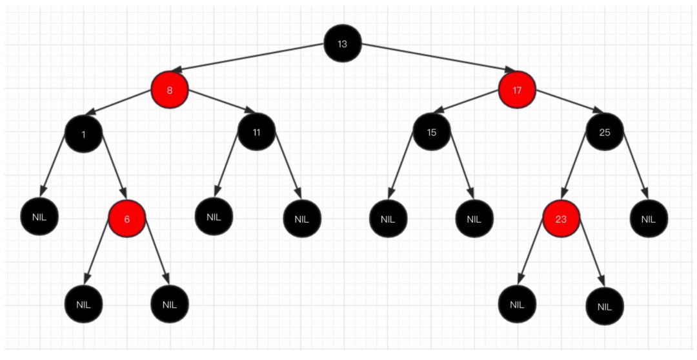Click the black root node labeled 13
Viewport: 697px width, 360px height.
342,44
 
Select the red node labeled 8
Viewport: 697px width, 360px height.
170,90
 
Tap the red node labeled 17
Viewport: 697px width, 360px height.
517,90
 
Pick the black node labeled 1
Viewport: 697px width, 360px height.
83,134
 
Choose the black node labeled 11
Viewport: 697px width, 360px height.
256,132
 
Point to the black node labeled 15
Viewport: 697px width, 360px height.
431,132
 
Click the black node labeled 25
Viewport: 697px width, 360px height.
605,132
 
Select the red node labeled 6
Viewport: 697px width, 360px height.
126,219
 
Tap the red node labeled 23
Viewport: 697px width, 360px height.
561,219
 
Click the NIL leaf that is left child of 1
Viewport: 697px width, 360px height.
39,217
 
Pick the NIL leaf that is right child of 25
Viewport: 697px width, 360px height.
649,219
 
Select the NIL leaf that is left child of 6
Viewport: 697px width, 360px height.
83,304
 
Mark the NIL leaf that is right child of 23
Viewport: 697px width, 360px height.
605,306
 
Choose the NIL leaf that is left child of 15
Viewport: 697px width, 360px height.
387,219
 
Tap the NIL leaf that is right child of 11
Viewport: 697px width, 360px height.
301,219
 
